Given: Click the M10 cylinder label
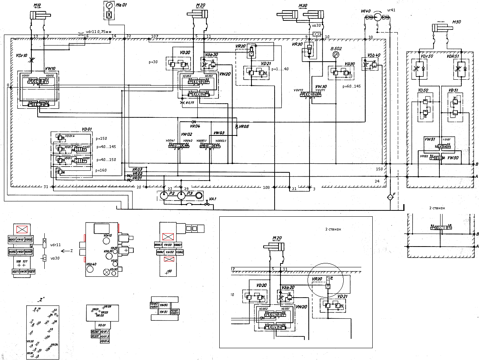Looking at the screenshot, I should pyautogui.click(x=37, y=5).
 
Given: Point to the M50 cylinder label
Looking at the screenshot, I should pyautogui.click(x=456, y=22).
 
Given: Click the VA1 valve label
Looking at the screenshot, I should pyautogui.click(x=213, y=199).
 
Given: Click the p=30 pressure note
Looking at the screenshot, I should pyautogui.click(x=153, y=62).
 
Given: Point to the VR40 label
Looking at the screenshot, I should pyautogui.click(x=366, y=11).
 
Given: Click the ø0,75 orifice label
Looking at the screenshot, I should pyautogui.click(x=190, y=102).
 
